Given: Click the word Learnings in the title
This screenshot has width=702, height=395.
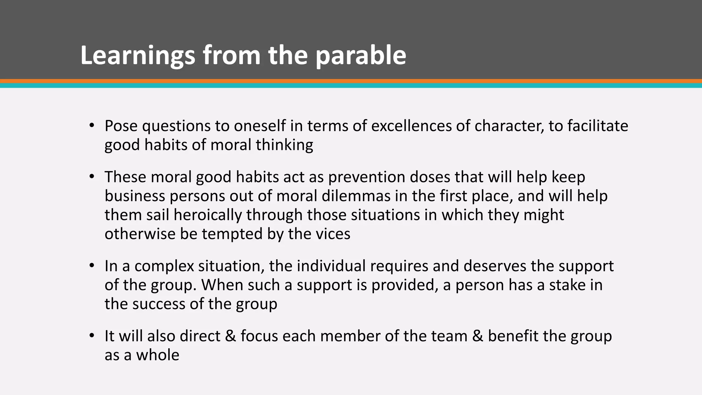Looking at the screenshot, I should [137, 56].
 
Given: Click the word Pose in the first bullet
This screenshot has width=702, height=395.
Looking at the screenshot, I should [121, 126].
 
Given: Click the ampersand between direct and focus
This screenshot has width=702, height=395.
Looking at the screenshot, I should [230, 336].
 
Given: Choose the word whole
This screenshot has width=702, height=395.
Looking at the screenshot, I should [158, 355].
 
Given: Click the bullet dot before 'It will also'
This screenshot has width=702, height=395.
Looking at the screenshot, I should [91, 336].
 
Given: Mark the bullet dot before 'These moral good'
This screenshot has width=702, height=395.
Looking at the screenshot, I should [91, 177].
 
